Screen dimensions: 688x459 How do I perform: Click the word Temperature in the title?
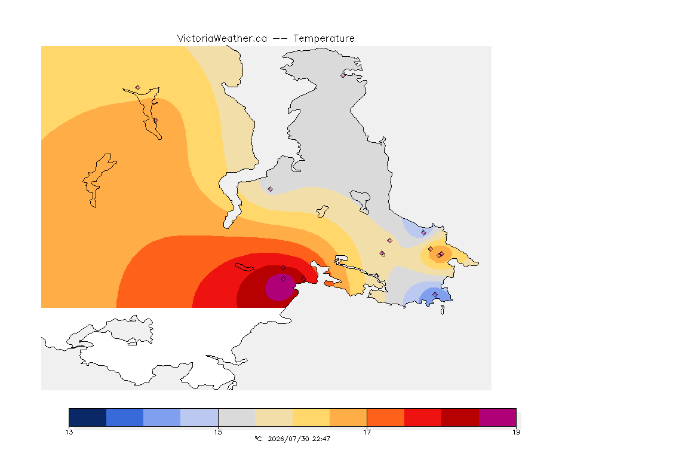coord(324,39)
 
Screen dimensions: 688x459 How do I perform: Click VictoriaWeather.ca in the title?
coord(222,39)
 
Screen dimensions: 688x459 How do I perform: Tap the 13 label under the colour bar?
coord(69,432)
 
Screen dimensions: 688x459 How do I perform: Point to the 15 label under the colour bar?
coord(218,432)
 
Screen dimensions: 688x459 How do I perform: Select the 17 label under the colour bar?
coord(367,432)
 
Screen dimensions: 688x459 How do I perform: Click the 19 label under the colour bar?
coord(516,432)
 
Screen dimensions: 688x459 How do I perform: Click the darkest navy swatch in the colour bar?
coord(88,417)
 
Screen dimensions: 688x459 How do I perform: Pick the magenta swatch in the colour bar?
coord(497,417)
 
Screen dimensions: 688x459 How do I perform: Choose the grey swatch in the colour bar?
coord(236,417)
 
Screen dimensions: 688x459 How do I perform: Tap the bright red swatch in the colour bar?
coord(423,417)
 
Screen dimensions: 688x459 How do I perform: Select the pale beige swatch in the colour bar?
coord(274,417)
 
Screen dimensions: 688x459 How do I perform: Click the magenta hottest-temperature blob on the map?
coord(280,287)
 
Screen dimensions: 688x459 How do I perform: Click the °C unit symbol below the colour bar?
coord(258,439)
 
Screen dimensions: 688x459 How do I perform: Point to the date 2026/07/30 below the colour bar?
coord(288,439)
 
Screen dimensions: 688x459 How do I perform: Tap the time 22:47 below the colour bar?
coord(321,439)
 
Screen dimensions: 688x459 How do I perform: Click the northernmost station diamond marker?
coord(343,75)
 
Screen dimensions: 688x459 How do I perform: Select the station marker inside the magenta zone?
coord(284,279)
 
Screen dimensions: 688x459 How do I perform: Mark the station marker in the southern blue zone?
coord(435,294)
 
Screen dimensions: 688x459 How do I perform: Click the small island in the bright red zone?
coord(244,267)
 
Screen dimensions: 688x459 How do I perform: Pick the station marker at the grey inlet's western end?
coord(271,189)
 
